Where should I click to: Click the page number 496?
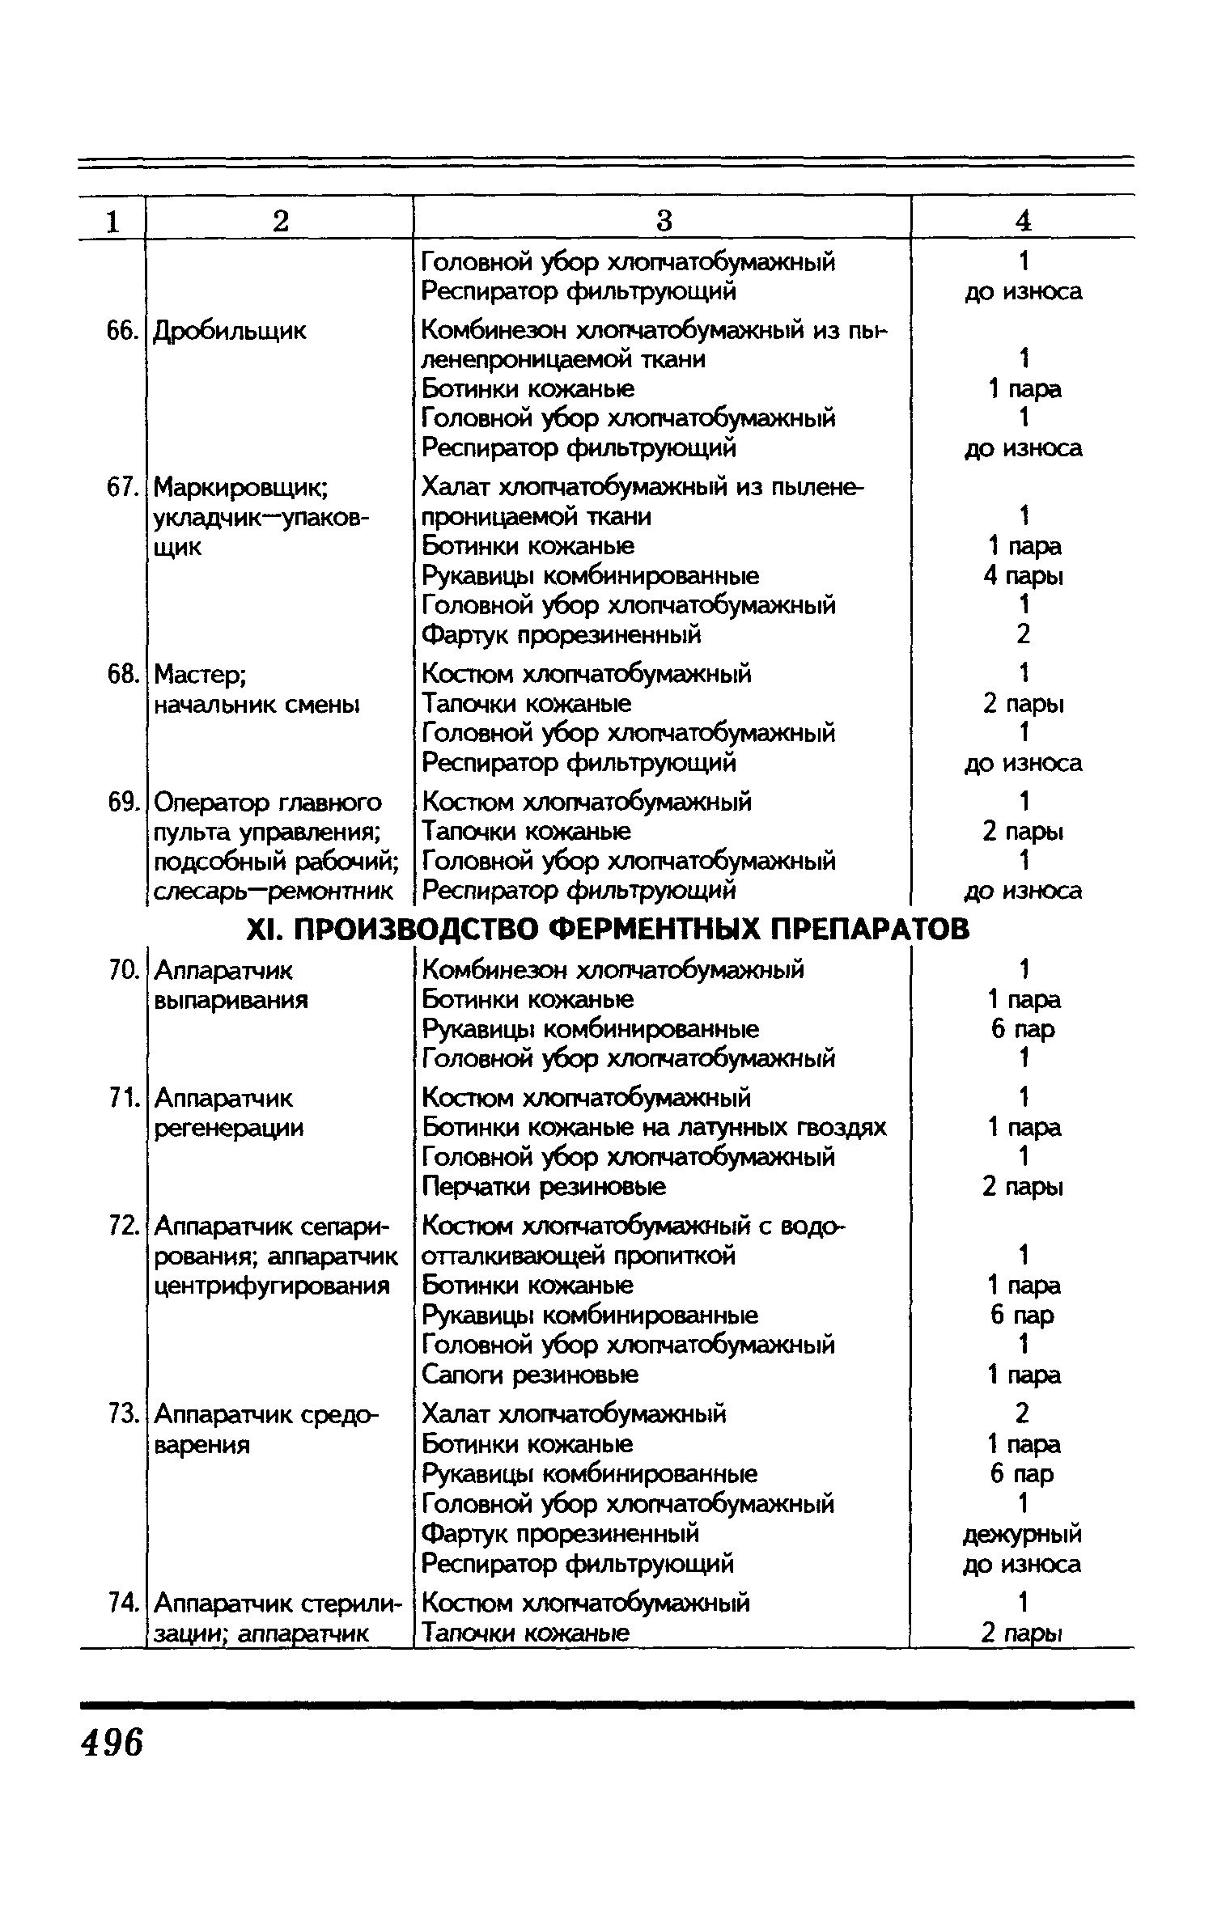(x=112, y=1739)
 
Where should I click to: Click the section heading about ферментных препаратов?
(x=606, y=929)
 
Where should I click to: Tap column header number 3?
(x=663, y=220)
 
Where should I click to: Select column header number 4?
(x=1023, y=220)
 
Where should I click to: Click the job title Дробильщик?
(x=230, y=331)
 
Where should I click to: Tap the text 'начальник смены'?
(x=257, y=705)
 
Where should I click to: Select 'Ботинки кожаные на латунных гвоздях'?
(x=654, y=1128)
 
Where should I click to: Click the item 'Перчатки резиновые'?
(x=544, y=1187)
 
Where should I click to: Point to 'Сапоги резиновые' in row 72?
(x=530, y=1375)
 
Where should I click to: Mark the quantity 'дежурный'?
(x=1022, y=1534)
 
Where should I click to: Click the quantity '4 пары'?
(x=1023, y=576)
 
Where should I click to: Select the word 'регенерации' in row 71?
(x=228, y=1128)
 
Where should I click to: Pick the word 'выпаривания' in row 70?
(x=231, y=1000)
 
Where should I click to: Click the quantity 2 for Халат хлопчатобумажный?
(x=1022, y=1414)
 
